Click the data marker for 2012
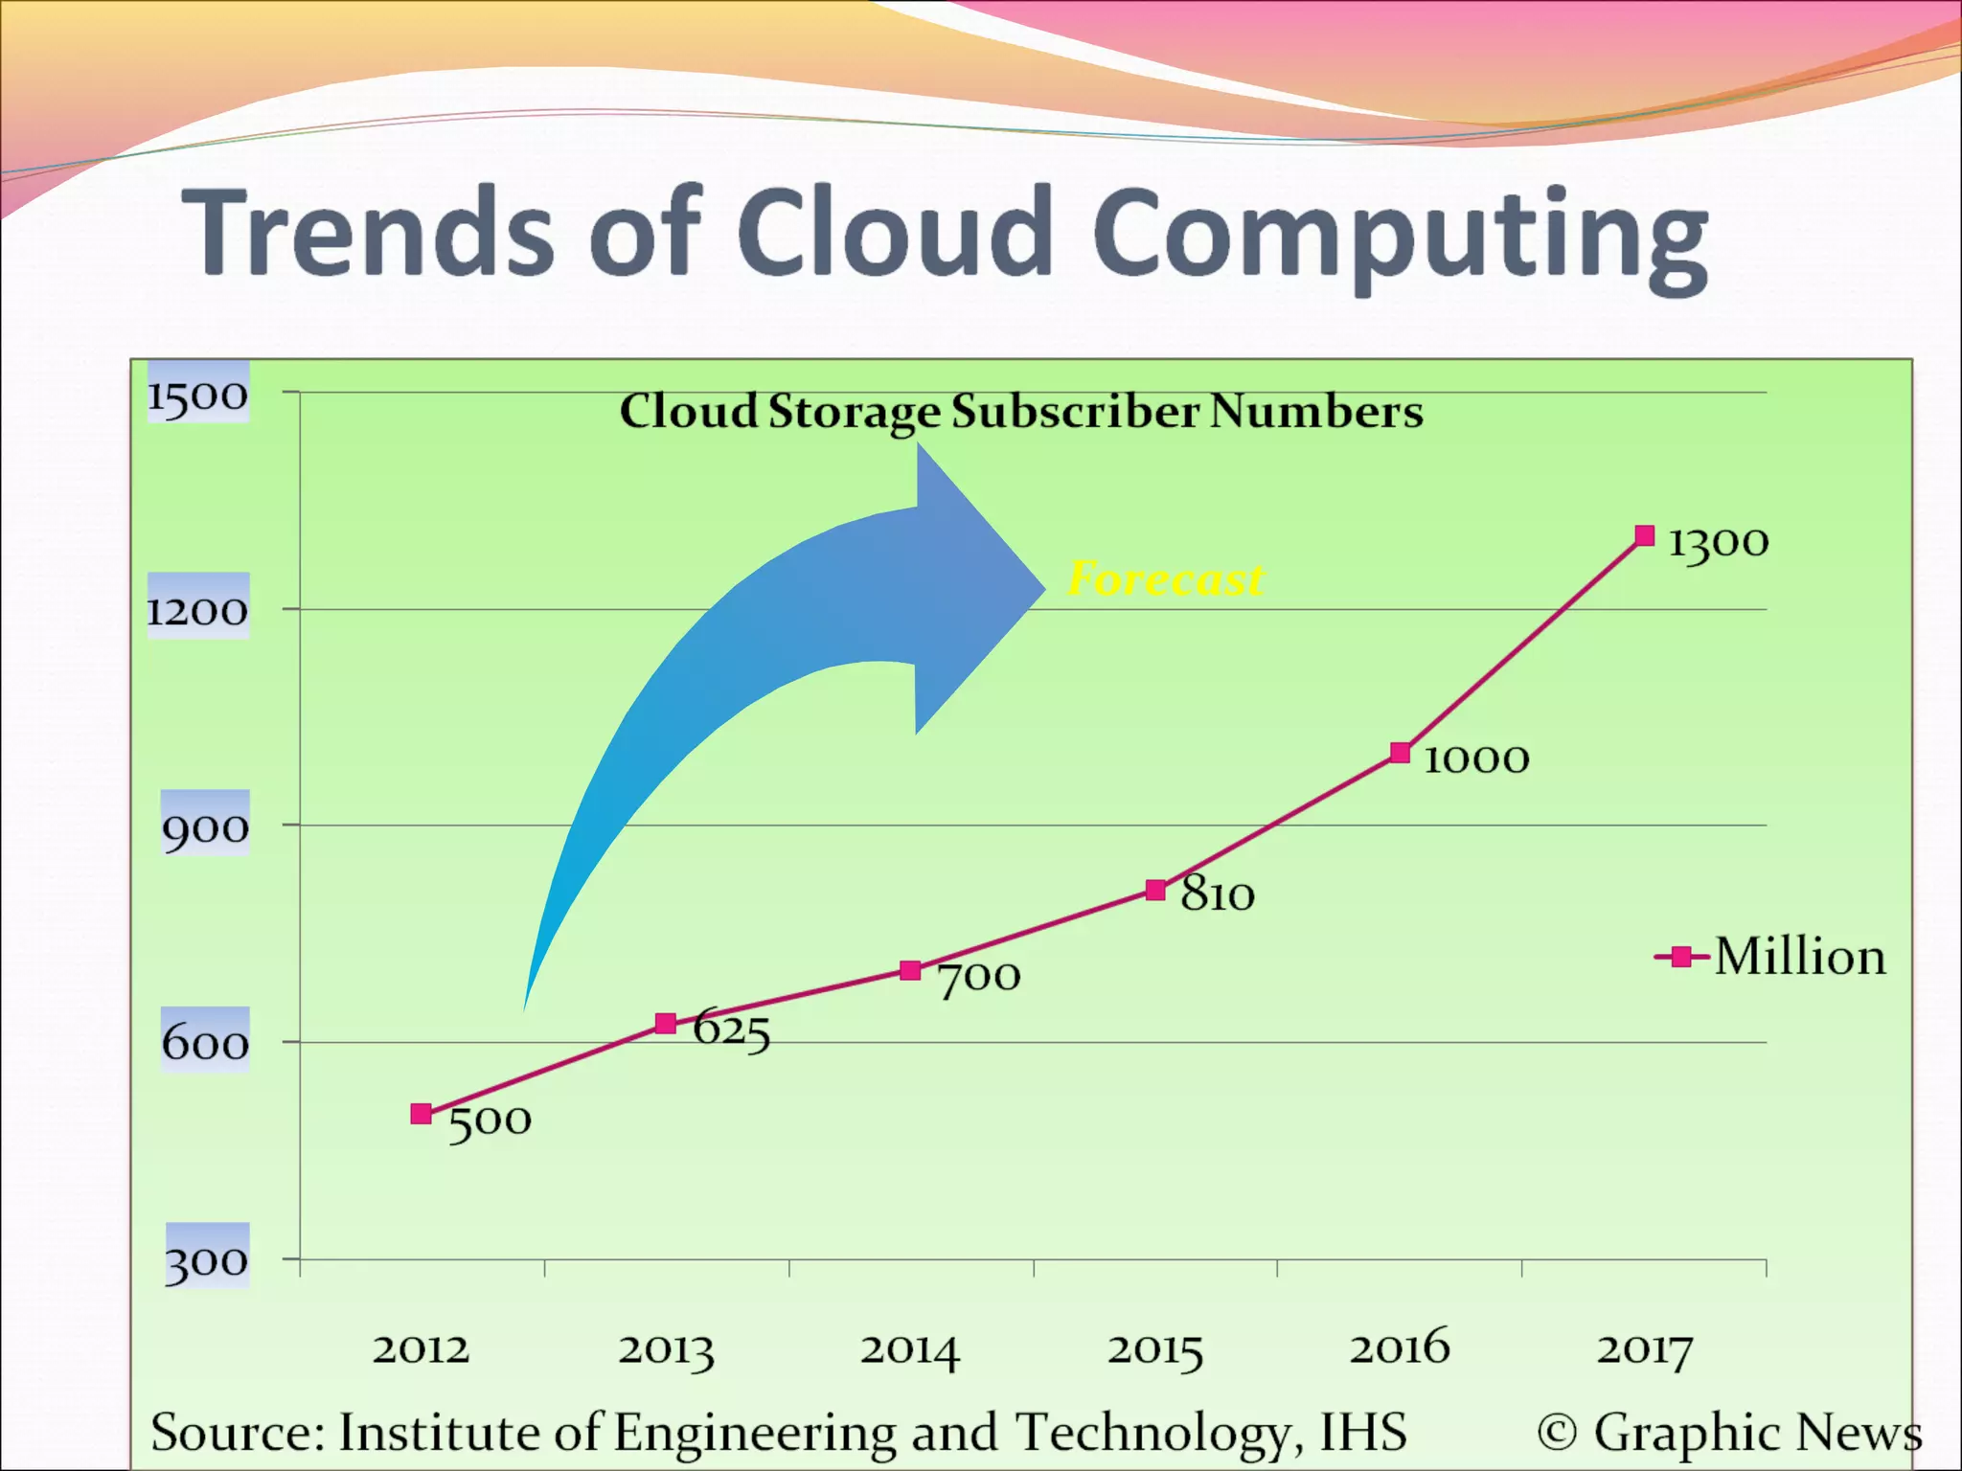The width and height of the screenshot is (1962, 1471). (421, 1114)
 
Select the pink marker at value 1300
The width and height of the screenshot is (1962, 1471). (1645, 535)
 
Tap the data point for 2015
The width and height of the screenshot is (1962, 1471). (1156, 891)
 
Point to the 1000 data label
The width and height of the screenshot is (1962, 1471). (1476, 759)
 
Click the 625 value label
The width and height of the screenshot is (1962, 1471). (731, 1030)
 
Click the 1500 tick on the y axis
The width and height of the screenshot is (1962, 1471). (197, 395)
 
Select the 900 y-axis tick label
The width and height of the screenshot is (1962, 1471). (205, 827)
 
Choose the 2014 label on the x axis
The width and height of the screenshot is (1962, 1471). (909, 1350)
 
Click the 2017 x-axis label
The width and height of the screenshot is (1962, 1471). (1644, 1350)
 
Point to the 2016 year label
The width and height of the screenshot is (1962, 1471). (1400, 1348)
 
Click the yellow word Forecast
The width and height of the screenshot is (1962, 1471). (1165, 578)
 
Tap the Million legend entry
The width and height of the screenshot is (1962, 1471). (1772, 957)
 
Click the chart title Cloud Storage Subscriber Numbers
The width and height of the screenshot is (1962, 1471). (1021, 412)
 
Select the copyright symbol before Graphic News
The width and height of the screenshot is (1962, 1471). (1557, 1433)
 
